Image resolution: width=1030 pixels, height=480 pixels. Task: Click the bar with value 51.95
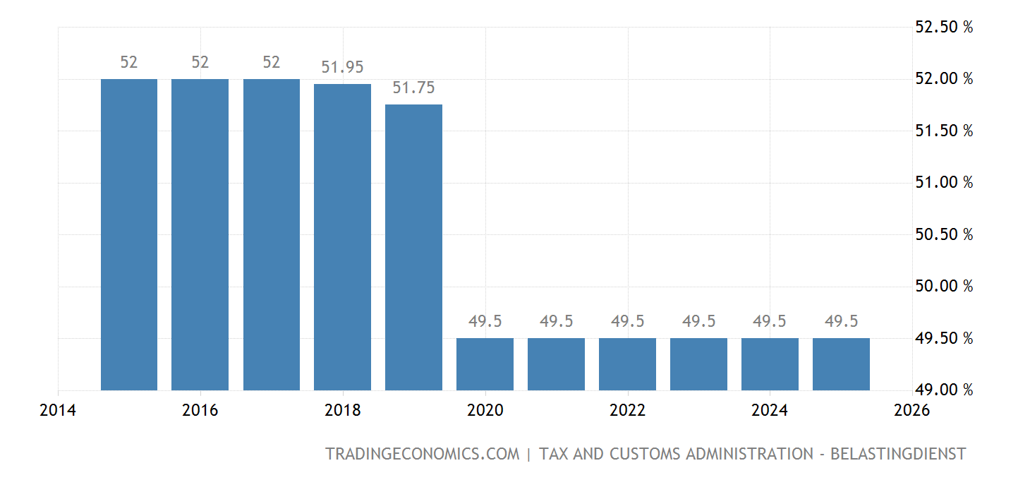(x=342, y=236)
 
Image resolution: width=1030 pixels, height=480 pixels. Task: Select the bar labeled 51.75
(x=413, y=247)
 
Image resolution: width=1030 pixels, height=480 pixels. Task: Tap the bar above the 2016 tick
(x=200, y=234)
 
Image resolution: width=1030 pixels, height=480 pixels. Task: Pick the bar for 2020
(x=485, y=364)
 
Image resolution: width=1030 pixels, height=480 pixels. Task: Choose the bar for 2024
(x=770, y=364)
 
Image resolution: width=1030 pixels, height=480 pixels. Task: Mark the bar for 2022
(x=627, y=364)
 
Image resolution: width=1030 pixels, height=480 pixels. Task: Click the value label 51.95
(x=342, y=68)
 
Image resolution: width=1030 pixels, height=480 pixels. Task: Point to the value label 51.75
(x=413, y=88)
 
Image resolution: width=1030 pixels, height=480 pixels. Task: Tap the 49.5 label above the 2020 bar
(x=485, y=322)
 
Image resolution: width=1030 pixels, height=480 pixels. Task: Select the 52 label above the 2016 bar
(x=200, y=63)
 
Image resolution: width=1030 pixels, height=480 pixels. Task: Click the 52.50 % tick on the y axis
(x=943, y=28)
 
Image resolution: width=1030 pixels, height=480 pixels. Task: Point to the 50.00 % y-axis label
(x=943, y=287)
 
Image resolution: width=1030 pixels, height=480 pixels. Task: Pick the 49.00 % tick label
(x=943, y=390)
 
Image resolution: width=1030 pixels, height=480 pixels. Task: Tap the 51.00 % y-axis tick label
(x=943, y=183)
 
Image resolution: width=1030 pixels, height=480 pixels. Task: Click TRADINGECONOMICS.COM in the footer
(x=422, y=454)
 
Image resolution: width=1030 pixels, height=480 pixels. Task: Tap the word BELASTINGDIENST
(x=898, y=454)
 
